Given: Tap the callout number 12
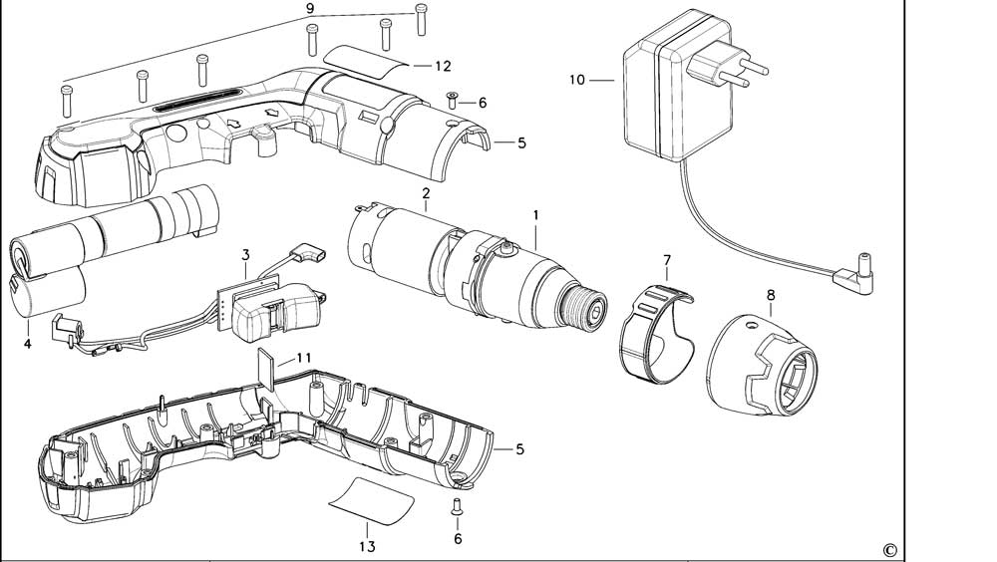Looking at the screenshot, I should point(443,66).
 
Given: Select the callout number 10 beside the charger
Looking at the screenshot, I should point(577,80).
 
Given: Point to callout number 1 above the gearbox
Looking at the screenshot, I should point(535,214).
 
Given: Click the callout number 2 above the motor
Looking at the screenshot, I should point(426,191).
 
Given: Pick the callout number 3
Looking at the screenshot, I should point(245,256).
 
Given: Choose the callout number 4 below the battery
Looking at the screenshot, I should point(28,344).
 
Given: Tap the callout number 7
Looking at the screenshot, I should point(667,261).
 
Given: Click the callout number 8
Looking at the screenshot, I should point(770,295).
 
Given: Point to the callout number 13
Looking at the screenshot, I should point(367,546).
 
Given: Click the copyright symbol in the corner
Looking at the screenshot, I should point(889,549).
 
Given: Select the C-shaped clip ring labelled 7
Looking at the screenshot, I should point(654,334).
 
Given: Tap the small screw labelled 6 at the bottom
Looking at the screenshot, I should point(457,505).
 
